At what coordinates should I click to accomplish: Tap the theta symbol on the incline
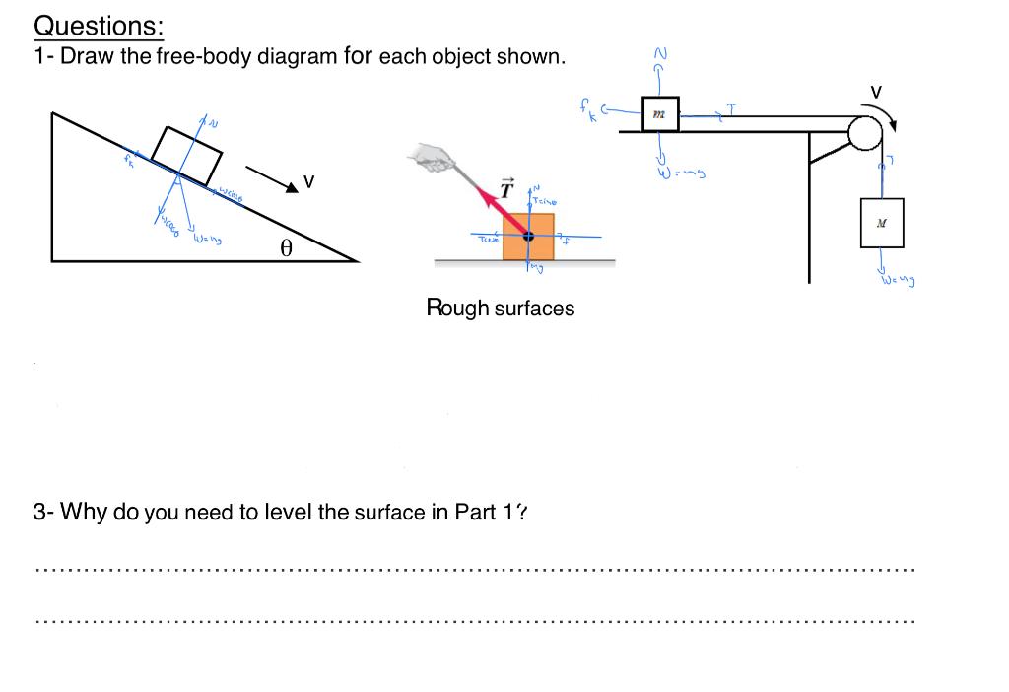click(286, 248)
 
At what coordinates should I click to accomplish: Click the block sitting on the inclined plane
click(187, 156)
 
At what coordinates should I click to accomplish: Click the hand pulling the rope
click(432, 155)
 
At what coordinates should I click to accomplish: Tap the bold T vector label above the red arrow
click(506, 188)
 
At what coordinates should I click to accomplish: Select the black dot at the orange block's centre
click(528, 237)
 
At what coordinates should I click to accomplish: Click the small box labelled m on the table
click(658, 113)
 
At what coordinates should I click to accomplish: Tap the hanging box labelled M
click(881, 223)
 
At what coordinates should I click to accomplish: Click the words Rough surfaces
click(500, 308)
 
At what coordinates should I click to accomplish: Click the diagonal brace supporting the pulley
click(829, 148)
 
